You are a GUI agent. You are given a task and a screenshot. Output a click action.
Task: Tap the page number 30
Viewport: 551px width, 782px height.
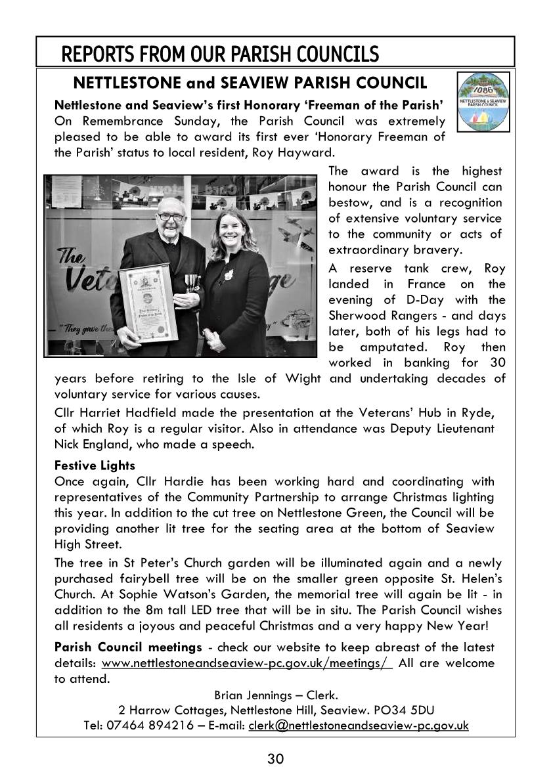pos(275,759)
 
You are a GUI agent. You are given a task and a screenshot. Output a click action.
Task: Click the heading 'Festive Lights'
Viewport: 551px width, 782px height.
pos(95,466)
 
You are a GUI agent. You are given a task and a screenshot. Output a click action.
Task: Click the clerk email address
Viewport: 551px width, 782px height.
pos(359,726)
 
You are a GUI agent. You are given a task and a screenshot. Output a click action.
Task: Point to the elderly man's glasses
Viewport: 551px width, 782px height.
pos(172,216)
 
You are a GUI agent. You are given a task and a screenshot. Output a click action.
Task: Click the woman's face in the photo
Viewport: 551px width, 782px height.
pos(231,231)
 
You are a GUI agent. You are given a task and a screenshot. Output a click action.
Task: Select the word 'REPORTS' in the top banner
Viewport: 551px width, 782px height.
pos(96,53)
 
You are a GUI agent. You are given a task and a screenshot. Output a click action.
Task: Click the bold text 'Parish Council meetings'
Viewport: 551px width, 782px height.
pos(128,647)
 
